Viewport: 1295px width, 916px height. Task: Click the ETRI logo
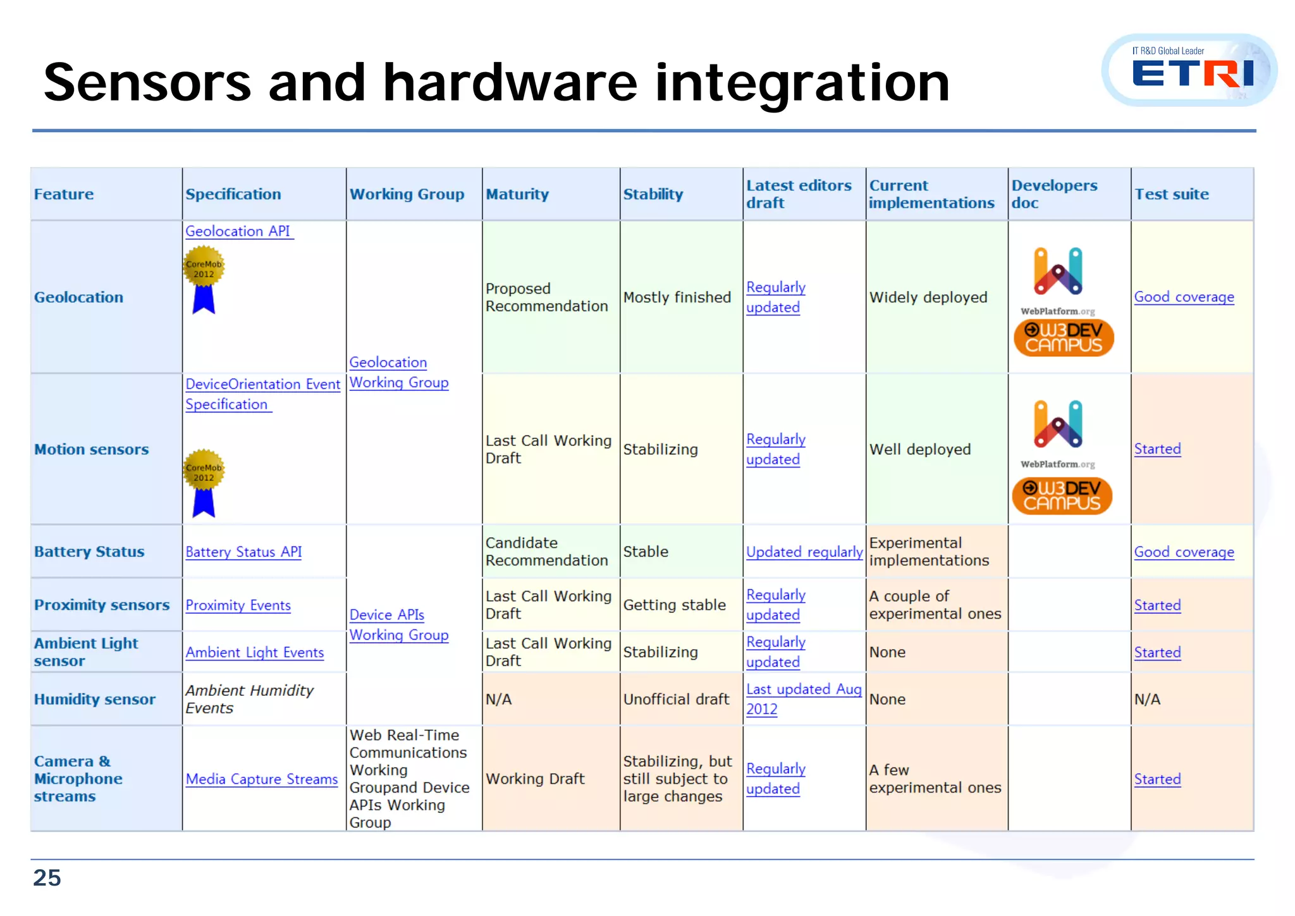coord(1191,71)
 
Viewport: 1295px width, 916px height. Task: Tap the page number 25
coord(47,877)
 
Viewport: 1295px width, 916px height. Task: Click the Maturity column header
coord(517,194)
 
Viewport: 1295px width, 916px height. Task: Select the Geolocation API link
coord(238,232)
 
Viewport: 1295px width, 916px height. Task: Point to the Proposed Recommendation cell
coord(546,297)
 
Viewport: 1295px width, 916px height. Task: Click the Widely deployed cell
coord(928,297)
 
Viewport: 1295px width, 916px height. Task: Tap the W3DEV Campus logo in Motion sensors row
coord(1062,495)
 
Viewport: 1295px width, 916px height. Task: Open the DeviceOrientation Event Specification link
coord(262,393)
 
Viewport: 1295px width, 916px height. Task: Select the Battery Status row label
coord(89,552)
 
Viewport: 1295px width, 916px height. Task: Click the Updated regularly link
coord(804,552)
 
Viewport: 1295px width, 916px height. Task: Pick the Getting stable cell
coord(674,605)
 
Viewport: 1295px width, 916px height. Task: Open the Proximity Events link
coord(238,605)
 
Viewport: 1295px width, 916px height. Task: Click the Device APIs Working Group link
coord(398,624)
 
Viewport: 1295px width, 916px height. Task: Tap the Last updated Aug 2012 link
coord(803,698)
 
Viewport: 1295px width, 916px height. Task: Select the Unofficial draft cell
coord(676,699)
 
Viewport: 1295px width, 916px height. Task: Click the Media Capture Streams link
coord(262,779)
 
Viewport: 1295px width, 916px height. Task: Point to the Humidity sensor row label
coord(95,699)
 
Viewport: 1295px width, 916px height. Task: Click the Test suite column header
coord(1171,194)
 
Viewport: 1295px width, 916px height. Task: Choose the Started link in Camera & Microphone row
coord(1157,779)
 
